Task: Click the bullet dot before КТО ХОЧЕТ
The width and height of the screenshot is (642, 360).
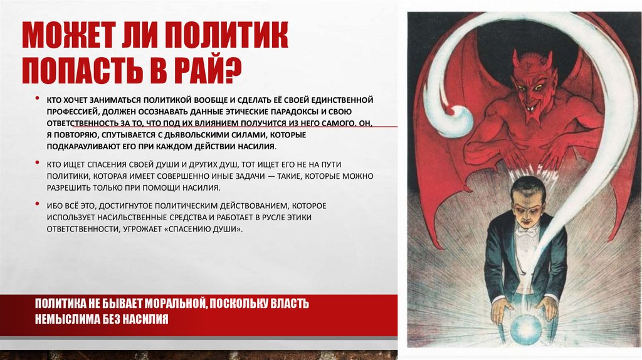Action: click(38, 100)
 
